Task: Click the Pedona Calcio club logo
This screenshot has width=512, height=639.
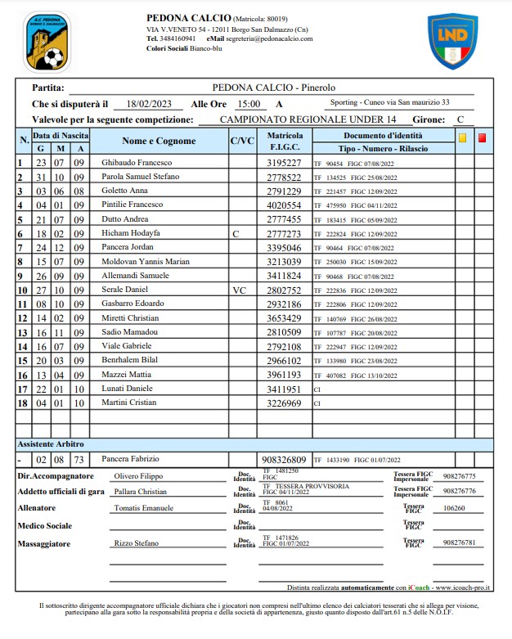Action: click(x=47, y=42)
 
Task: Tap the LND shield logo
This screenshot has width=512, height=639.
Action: click(x=453, y=41)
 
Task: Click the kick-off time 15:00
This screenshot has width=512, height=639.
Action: click(x=249, y=104)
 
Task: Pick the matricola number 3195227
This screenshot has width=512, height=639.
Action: click(x=285, y=163)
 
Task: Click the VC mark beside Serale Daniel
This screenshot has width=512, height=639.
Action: click(x=239, y=289)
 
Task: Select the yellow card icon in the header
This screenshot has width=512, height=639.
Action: click(x=462, y=138)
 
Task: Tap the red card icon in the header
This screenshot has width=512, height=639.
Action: click(x=482, y=138)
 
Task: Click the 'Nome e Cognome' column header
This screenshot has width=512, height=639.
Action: click(x=159, y=141)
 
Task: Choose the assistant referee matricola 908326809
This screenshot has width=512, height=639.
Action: click(x=284, y=459)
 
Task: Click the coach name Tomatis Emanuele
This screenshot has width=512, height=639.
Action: click(x=143, y=508)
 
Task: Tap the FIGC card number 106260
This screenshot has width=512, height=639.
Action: click(x=453, y=508)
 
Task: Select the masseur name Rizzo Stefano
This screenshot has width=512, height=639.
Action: click(x=136, y=542)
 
